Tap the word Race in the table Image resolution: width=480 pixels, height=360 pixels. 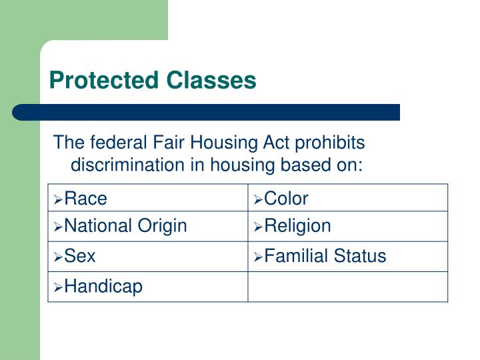click(85, 198)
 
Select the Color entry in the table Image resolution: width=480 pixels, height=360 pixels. click(286, 198)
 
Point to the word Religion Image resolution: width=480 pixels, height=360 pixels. click(297, 226)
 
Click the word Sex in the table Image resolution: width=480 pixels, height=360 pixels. click(80, 256)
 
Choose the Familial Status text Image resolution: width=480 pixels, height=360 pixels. click(325, 256)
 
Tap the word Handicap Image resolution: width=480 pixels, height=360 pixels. click(103, 287)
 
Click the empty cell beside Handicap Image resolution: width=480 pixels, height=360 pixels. click(347, 287)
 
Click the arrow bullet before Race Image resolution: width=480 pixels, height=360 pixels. click(59, 199)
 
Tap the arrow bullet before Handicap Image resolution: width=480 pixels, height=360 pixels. click(59, 287)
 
